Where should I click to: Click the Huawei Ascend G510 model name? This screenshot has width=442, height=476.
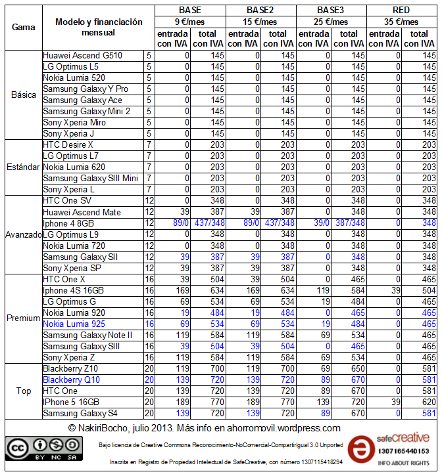tap(82, 56)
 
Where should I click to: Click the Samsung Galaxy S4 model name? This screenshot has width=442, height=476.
tap(82, 413)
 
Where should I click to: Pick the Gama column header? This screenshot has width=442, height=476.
tap(24, 28)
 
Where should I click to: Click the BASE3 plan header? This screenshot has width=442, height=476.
tap(331, 10)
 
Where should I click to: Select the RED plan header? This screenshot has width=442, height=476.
tap(402, 10)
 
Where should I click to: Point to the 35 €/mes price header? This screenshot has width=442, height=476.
tap(402, 21)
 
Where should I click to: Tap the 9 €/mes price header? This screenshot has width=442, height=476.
tap(190, 21)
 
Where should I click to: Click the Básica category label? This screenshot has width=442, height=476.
tap(24, 95)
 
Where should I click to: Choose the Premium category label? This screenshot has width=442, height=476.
tap(24, 318)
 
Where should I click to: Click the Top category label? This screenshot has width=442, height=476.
tap(24, 391)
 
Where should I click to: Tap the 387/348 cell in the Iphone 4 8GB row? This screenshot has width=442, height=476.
tap(349, 223)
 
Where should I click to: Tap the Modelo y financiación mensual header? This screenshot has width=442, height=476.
tap(99, 28)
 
